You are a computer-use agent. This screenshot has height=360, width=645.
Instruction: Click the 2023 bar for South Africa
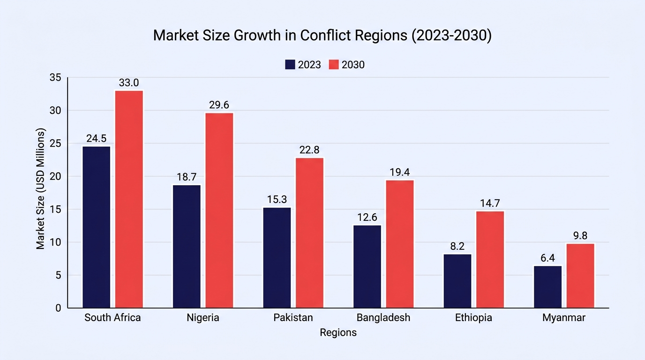[97, 227]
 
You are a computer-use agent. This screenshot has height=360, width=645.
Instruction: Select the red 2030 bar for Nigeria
[219, 210]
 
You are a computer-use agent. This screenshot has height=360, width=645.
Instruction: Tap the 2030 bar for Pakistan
[309, 233]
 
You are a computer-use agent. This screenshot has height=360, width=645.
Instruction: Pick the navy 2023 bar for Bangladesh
[367, 267]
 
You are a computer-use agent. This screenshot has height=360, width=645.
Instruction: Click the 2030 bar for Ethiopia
[490, 260]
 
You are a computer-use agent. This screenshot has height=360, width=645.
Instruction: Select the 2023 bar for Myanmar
[547, 287]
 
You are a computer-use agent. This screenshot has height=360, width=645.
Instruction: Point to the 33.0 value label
[129, 83]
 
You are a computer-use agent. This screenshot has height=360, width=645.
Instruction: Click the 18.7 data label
[187, 177]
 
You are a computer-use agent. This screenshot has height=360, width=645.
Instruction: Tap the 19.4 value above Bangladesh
[400, 172]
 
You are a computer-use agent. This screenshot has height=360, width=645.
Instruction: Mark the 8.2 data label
[457, 246]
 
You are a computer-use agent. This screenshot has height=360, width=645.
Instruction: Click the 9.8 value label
[580, 236]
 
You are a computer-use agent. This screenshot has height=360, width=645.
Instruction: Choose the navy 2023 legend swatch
[290, 65]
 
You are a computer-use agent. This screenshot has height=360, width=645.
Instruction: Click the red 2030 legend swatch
[334, 65]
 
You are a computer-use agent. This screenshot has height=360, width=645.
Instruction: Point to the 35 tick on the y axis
[55, 77]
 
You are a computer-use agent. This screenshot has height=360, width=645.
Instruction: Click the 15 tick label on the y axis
[55, 210]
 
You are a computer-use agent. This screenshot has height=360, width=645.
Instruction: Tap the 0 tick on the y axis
[58, 308]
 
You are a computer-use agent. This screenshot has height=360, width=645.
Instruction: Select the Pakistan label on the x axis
[293, 318]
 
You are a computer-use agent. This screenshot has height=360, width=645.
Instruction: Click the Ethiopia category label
[473, 318]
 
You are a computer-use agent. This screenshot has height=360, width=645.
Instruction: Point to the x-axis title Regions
[338, 333]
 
